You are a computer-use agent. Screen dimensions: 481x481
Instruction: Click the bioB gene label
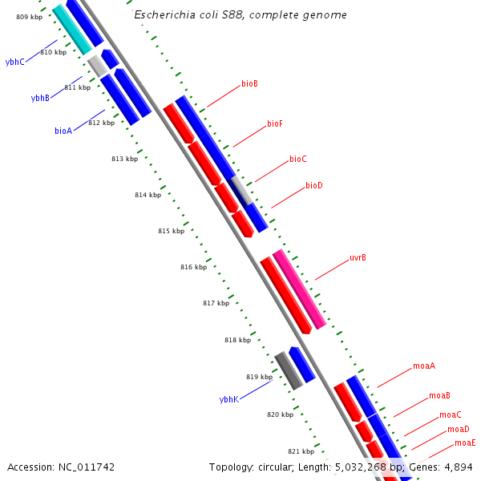click(249, 83)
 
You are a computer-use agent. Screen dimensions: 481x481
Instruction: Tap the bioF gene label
click(275, 124)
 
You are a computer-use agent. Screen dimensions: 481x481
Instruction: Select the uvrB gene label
click(358, 258)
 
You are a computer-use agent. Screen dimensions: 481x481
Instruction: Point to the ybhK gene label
click(229, 398)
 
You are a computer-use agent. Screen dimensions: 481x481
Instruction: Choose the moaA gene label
click(424, 366)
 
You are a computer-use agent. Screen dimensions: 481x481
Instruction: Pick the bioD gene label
click(313, 186)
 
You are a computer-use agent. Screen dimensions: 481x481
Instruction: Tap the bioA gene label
click(63, 130)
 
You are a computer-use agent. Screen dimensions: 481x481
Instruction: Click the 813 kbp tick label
click(124, 159)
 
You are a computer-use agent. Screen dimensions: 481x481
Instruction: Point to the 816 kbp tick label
click(193, 267)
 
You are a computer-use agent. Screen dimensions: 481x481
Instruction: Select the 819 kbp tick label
click(259, 377)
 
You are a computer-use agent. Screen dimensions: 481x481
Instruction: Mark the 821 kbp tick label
click(301, 451)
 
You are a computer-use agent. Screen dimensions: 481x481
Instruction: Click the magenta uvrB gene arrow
click(299, 289)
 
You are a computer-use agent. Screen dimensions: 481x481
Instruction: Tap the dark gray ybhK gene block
click(289, 371)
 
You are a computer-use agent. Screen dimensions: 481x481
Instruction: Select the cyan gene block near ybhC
click(72, 30)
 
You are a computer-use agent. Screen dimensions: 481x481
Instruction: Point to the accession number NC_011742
click(84, 467)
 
